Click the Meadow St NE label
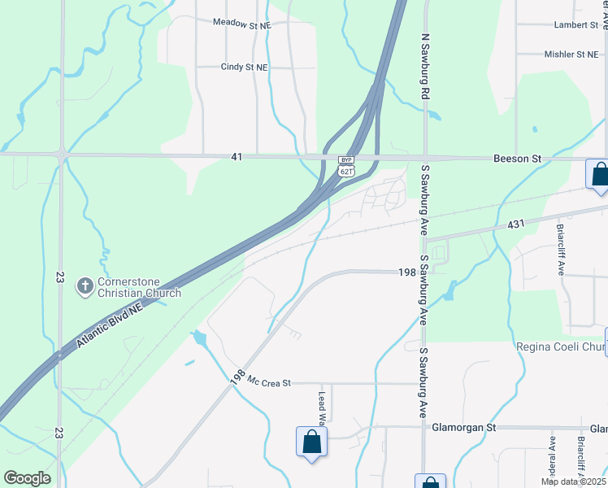pyautogui.click(x=241, y=24)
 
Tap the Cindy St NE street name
pyautogui.click(x=244, y=68)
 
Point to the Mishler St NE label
pyautogui.click(x=570, y=54)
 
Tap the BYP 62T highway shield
pyautogui.click(x=347, y=165)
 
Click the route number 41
pyautogui.click(x=236, y=155)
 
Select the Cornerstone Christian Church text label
pyautogui.click(x=138, y=288)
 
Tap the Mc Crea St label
pyautogui.click(x=269, y=381)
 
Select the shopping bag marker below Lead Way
pyautogui.click(x=311, y=442)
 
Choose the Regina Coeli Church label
pyautogui.click(x=562, y=347)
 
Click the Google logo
pyautogui.click(x=27, y=478)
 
